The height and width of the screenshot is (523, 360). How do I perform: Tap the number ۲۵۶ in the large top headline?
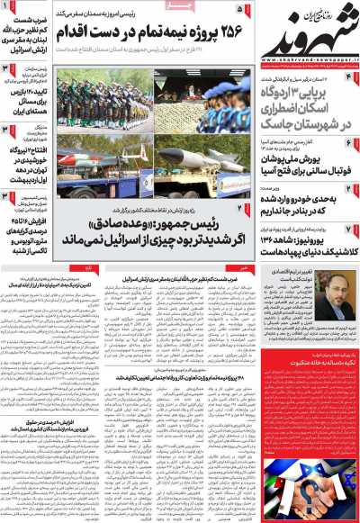click(213, 32)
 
